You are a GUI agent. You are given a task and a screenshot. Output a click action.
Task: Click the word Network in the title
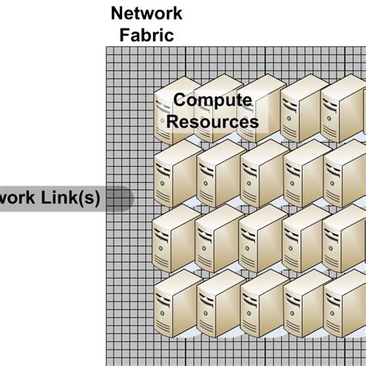(147, 13)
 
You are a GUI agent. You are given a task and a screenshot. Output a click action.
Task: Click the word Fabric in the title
(147, 35)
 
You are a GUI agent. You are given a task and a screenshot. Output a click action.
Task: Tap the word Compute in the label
(212, 100)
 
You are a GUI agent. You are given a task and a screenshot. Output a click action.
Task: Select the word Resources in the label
(212, 121)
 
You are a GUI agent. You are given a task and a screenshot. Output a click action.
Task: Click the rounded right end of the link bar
(126, 199)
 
